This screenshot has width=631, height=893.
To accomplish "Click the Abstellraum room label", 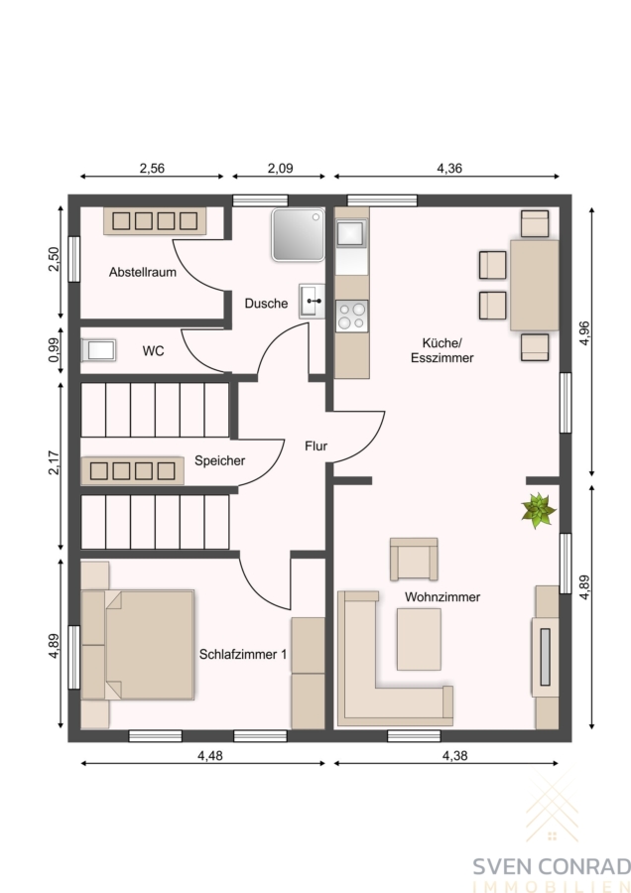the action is click(x=143, y=272).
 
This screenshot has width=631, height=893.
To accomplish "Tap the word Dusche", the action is click(x=266, y=304).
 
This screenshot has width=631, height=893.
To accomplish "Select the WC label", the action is click(x=153, y=351).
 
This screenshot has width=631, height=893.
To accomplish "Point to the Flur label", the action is click(x=316, y=446).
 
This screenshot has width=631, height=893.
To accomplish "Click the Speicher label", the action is click(x=220, y=460).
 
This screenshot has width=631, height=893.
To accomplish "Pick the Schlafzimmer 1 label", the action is click(x=243, y=655).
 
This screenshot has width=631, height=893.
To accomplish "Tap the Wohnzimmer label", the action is click(x=442, y=597).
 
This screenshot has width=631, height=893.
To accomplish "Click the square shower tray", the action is click(x=299, y=234).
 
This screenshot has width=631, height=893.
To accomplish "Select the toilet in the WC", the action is click(x=98, y=350).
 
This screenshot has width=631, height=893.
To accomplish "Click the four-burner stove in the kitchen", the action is click(x=351, y=317).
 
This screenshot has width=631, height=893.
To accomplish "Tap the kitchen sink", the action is click(x=350, y=233).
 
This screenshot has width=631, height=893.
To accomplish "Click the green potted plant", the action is click(x=538, y=510).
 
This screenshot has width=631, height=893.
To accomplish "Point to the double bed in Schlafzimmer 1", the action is click(x=138, y=645).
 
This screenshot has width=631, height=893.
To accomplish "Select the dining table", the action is click(x=534, y=286).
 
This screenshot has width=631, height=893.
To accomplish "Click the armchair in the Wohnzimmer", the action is click(x=414, y=560).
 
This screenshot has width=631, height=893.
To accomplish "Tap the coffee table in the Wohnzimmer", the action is click(x=419, y=639).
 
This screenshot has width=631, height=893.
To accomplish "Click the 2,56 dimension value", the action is click(x=152, y=168).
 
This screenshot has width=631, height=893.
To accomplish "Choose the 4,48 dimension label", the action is click(x=210, y=756).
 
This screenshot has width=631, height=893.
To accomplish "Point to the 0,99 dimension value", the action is click(x=54, y=350).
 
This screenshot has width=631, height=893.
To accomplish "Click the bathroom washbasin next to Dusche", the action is click(x=313, y=302).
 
